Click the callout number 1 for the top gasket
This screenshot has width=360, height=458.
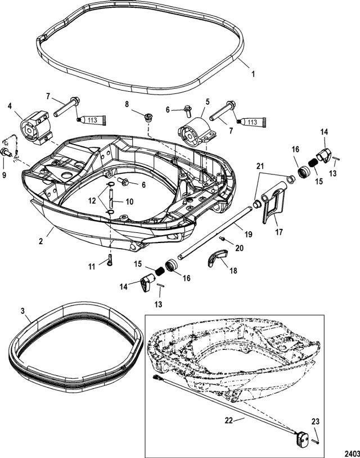pyautogui.click(x=253, y=74)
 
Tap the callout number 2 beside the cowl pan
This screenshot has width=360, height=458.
pyautogui.click(x=41, y=241)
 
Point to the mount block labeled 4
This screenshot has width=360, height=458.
pyautogui.click(x=36, y=128)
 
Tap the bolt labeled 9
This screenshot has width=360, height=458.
pyautogui.click(x=6, y=152)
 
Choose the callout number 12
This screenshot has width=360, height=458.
pyautogui.click(x=92, y=201)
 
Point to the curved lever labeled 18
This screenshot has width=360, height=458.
pyautogui.click(x=218, y=258)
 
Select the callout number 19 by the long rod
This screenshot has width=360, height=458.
pyautogui.click(x=249, y=234)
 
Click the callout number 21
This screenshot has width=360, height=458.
pyautogui.click(x=260, y=166)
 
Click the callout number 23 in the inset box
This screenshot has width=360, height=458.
pyautogui.click(x=316, y=421)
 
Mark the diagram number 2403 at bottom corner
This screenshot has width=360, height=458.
pyautogui.click(x=352, y=453)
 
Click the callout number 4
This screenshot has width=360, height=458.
pyautogui.click(x=10, y=106)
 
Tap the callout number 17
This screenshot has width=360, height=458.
pyautogui.click(x=279, y=232)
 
